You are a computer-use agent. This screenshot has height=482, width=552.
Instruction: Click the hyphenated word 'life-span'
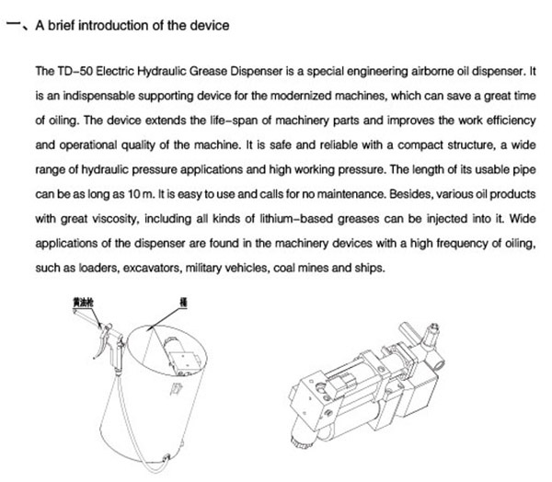click(x=201, y=120)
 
